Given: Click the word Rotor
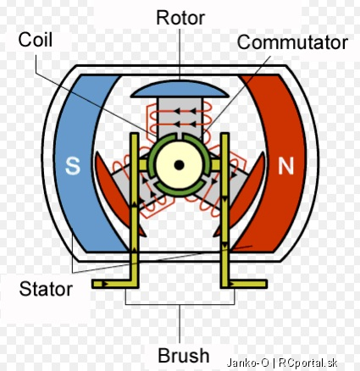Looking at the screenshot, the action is [x=180, y=18].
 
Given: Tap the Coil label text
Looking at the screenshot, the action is [x=36, y=40].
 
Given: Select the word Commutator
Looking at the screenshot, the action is [x=292, y=42].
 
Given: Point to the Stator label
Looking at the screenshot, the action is [x=46, y=289].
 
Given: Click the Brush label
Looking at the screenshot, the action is [x=184, y=355].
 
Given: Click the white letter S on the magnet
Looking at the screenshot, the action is [x=73, y=165].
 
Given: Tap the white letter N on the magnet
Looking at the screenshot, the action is [x=285, y=165].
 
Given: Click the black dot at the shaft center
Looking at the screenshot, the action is [x=179, y=165].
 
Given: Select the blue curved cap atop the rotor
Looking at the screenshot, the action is [x=180, y=89].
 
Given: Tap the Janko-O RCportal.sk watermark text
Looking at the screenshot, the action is [x=282, y=363].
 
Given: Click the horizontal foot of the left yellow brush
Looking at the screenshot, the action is [x=114, y=284].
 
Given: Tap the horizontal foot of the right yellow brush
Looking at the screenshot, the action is [x=244, y=284].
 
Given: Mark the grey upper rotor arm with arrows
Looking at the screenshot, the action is [x=180, y=117].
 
